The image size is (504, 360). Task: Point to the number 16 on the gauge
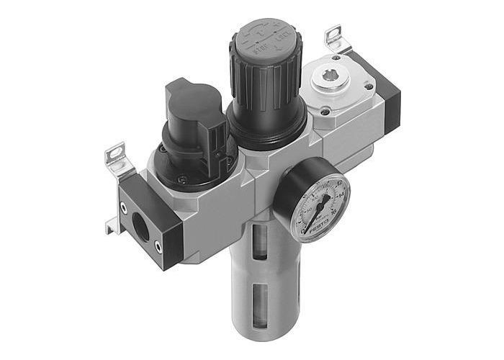point(338,215)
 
